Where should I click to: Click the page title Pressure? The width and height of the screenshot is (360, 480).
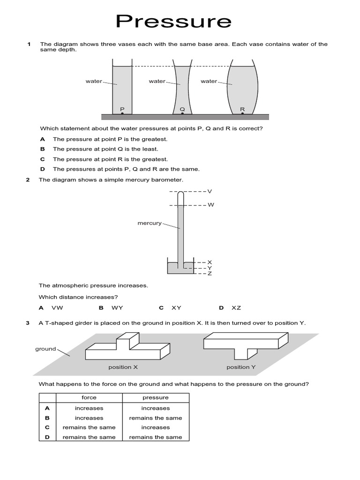click(174, 21)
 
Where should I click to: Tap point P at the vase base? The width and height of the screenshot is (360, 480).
click(122, 113)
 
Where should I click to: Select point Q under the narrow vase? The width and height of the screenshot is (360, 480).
click(182, 113)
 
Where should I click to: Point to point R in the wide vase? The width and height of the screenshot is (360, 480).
click(242, 113)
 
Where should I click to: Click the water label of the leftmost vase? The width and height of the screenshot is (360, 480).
click(94, 81)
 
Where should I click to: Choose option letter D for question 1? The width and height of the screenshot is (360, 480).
click(43, 169)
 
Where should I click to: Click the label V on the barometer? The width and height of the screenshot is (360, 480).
click(210, 191)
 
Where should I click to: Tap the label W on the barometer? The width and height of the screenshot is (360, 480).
click(210, 205)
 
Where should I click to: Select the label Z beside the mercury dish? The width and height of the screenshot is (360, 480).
click(210, 273)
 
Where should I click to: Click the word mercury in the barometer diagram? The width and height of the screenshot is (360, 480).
click(149, 223)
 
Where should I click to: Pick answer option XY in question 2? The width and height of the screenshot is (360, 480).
click(176, 308)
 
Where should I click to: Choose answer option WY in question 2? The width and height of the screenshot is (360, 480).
click(117, 308)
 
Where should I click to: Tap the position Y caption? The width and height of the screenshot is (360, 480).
click(241, 367)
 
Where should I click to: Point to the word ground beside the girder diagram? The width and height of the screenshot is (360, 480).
click(45, 349)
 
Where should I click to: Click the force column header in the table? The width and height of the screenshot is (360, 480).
click(89, 397)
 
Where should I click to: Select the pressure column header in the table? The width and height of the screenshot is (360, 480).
click(156, 397)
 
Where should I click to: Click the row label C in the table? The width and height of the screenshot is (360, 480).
click(47, 427)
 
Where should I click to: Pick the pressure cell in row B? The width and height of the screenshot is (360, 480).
click(156, 418)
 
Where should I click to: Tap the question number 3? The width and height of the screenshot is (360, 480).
click(28, 323)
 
